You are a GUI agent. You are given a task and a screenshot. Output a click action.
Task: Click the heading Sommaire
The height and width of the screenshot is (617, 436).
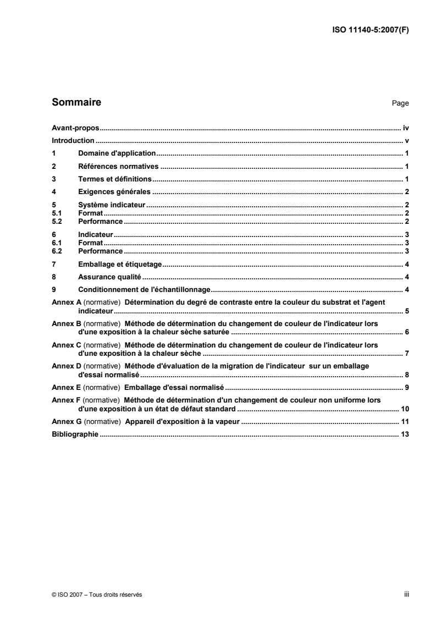(x=76, y=102)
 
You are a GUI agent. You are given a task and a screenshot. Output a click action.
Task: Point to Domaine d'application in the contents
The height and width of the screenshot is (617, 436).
(x=118, y=153)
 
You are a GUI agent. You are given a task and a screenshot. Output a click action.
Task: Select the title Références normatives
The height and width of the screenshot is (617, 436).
(x=118, y=166)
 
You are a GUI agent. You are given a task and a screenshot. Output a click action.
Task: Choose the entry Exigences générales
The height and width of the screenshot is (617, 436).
(x=115, y=192)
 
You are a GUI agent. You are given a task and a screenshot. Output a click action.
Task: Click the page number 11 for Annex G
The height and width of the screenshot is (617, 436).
(x=405, y=421)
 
